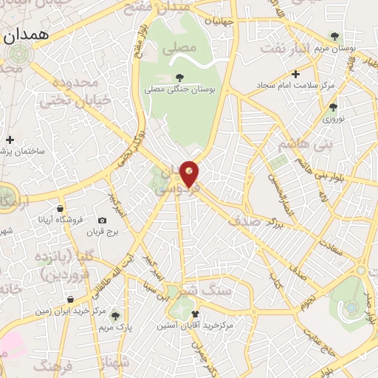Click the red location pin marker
(190, 173)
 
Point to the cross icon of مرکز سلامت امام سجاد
(295, 74)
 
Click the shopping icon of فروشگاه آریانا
(59, 208)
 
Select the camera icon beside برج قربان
(102, 220)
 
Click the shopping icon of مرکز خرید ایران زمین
(70, 300)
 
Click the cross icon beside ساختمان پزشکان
(10, 139)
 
